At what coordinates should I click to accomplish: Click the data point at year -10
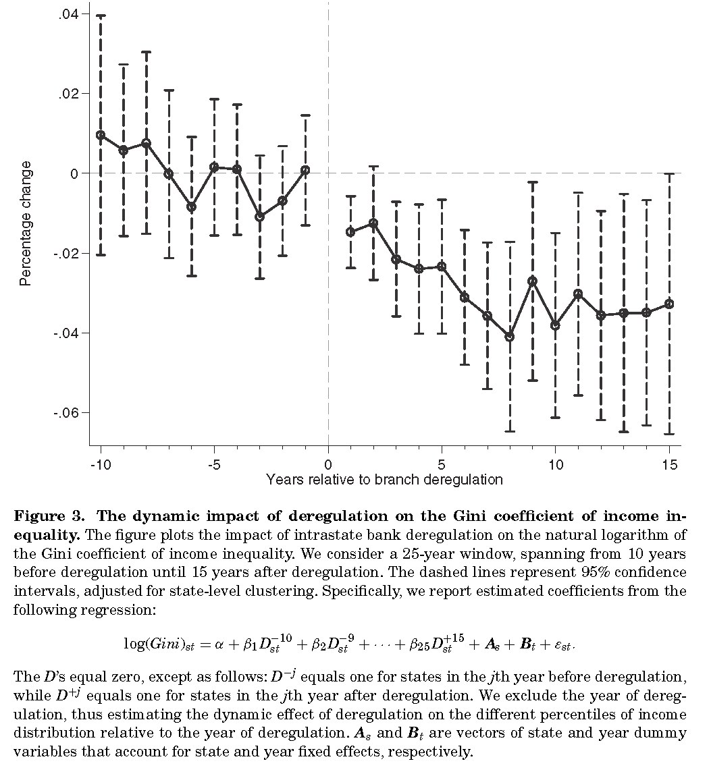click(x=101, y=135)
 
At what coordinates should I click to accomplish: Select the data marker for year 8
click(x=510, y=337)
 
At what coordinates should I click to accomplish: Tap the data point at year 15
click(x=669, y=304)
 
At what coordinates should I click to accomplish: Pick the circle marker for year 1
click(x=350, y=232)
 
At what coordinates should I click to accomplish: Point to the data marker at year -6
click(x=192, y=207)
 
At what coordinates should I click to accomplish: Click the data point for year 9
click(x=533, y=281)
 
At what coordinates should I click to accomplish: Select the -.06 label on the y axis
click(x=67, y=413)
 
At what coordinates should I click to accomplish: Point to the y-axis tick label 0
click(x=76, y=173)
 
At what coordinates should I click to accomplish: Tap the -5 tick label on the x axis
click(x=214, y=465)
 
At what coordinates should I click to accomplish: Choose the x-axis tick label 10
click(x=555, y=465)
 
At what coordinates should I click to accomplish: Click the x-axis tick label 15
click(x=669, y=465)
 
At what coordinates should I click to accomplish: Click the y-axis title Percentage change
click(x=26, y=223)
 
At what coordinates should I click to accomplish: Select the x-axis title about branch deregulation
click(x=384, y=480)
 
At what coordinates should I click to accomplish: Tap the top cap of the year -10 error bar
click(x=101, y=16)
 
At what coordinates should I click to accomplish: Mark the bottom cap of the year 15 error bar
click(x=669, y=434)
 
